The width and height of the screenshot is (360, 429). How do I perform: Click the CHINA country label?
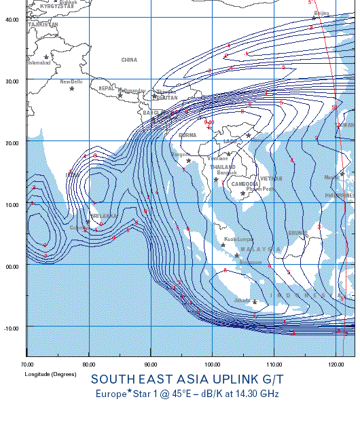point(129,60)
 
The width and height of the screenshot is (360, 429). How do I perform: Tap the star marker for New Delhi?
point(71,89)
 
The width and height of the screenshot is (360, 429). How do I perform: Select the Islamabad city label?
point(39,63)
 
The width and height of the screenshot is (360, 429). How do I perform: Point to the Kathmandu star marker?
point(120,95)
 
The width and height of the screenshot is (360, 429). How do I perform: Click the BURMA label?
point(187,135)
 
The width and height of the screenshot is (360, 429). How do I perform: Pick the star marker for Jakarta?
point(255,301)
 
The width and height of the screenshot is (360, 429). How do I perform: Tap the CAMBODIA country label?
point(245,184)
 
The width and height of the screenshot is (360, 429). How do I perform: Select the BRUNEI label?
point(298,233)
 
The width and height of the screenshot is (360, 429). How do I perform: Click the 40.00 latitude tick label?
point(12,19)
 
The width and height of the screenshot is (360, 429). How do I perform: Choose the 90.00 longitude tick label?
point(151,365)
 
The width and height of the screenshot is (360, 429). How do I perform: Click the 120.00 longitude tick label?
point(336,365)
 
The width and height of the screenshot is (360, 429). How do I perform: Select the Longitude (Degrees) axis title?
point(50,374)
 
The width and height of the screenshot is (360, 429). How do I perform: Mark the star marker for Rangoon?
point(188,160)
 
